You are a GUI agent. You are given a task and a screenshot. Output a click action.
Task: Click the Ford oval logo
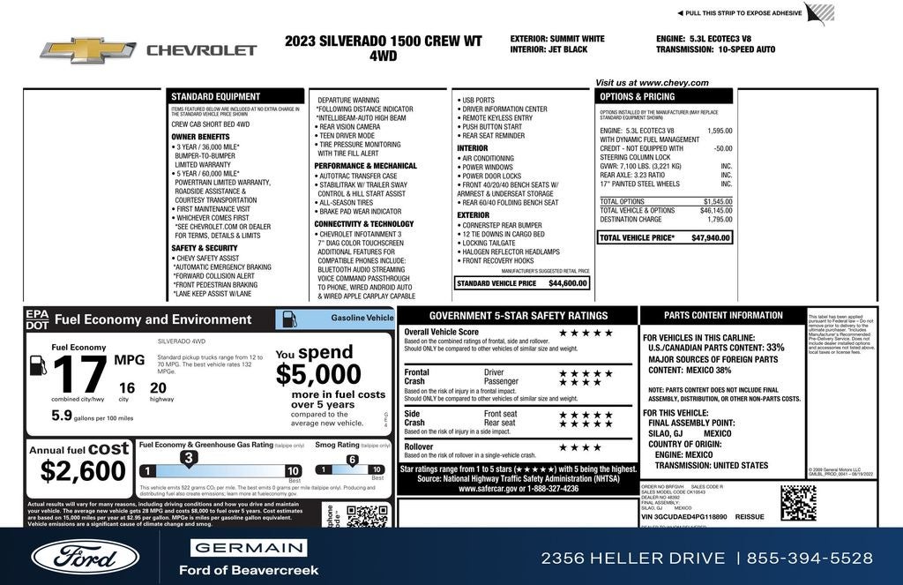point(86,556)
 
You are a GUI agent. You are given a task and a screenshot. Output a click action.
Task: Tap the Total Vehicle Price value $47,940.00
point(711,238)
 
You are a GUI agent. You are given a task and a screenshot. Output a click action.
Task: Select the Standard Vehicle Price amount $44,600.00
point(567,283)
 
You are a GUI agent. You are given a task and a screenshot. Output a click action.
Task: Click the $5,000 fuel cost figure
point(318,375)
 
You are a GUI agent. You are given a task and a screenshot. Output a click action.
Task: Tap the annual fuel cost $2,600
point(83,471)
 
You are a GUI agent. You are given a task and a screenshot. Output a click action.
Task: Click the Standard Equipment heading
point(215,96)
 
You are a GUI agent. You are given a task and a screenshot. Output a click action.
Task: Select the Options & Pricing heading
point(637,96)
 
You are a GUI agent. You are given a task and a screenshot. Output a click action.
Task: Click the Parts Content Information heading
point(723,315)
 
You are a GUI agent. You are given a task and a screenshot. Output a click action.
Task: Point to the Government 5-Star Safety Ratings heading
point(518,315)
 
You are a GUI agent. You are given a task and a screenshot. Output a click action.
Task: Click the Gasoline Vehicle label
point(362,318)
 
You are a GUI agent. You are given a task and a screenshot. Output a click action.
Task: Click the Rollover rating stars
point(579,447)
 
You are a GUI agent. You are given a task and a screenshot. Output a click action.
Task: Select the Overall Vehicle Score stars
point(586,333)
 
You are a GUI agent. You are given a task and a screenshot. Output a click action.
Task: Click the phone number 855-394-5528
point(810,558)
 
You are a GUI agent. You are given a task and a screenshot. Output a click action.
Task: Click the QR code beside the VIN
point(797,502)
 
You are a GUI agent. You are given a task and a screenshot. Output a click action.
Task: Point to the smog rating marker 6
point(351,460)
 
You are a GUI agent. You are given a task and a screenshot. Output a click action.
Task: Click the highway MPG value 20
point(158,387)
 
